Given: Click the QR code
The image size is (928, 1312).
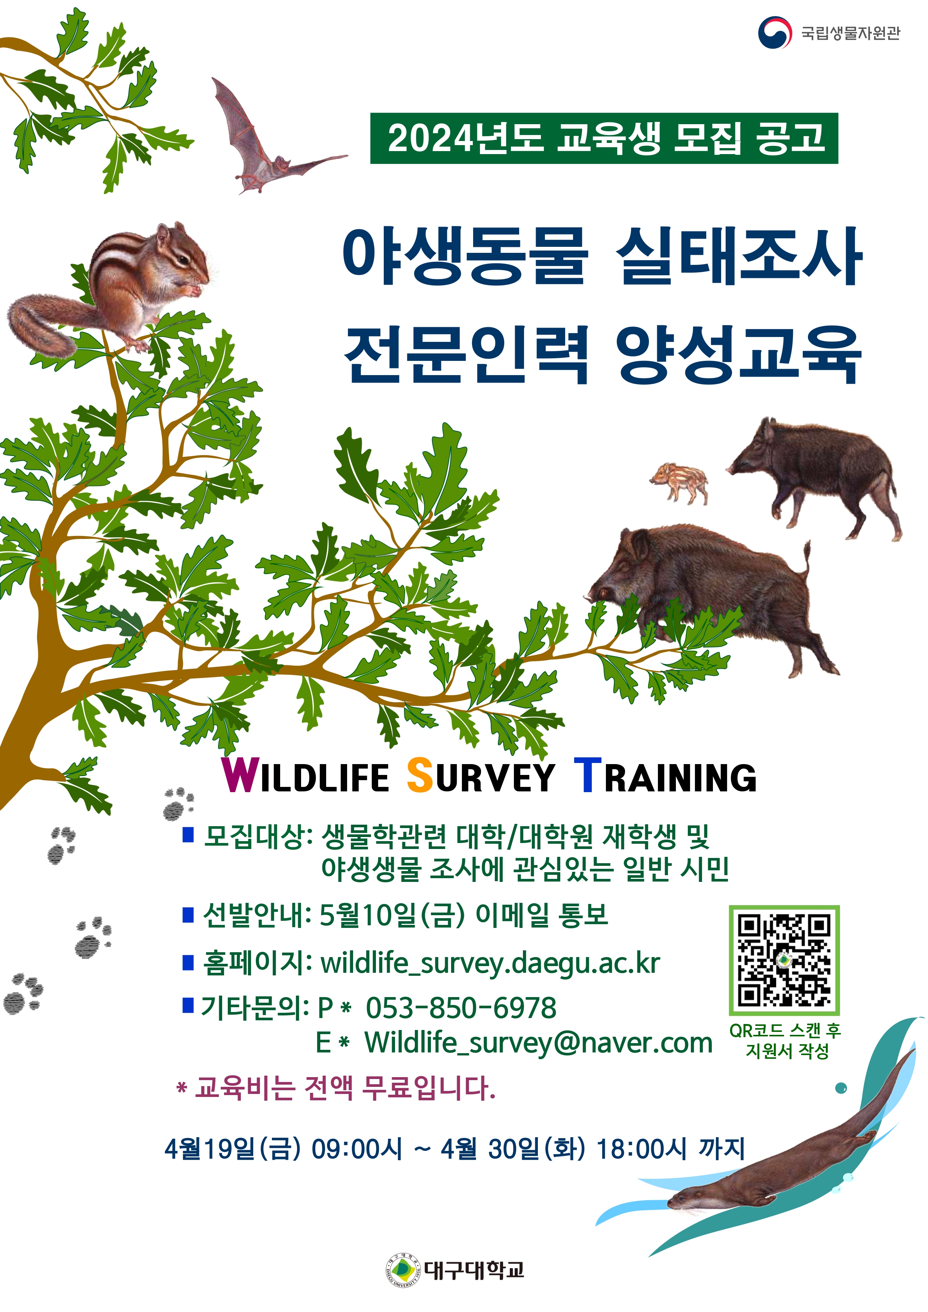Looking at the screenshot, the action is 784,960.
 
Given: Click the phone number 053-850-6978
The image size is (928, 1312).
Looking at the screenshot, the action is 460,1008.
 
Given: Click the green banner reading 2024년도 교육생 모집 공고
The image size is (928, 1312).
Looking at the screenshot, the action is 604,138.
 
